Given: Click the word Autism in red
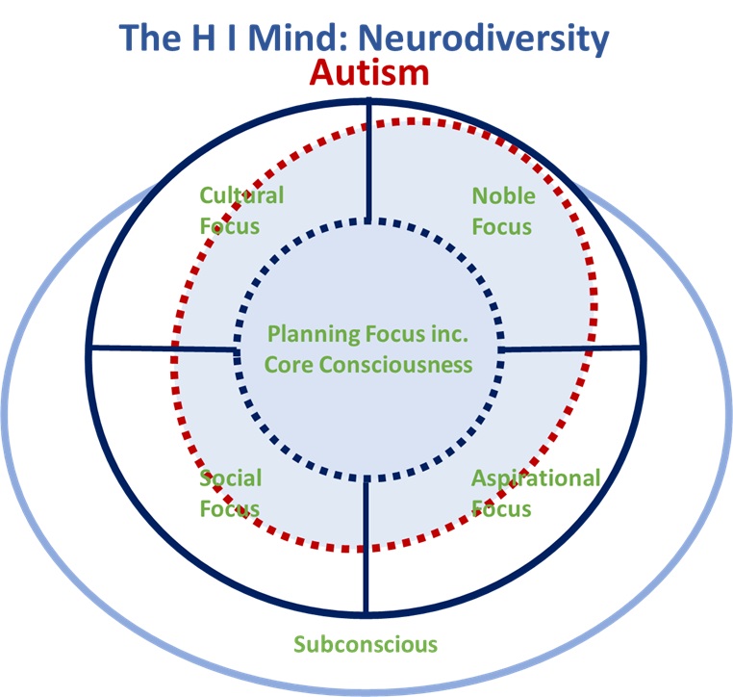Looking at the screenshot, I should click(368, 73).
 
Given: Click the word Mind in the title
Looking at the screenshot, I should click(306, 39).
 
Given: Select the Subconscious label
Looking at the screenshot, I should click(366, 644).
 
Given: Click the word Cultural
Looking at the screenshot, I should click(241, 195).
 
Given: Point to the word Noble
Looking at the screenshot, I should click(503, 195).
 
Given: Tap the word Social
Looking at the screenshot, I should click(230, 478).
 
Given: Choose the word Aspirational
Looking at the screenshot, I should click(535, 478).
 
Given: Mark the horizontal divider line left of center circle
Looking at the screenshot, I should click(164, 348).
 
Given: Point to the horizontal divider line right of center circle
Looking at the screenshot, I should click(571, 348).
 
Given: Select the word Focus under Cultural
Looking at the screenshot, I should click(230, 226).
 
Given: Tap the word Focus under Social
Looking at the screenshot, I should click(230, 507).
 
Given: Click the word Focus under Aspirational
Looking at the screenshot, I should click(501, 507).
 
